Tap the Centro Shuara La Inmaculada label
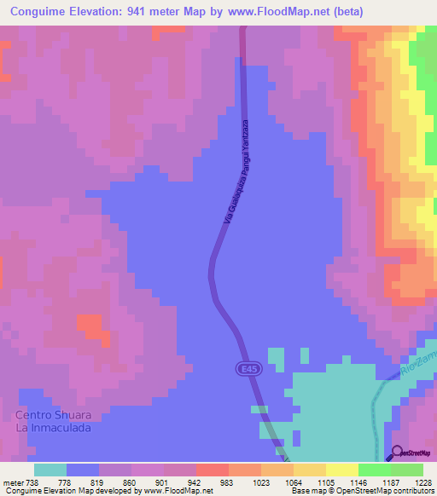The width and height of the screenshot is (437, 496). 53,421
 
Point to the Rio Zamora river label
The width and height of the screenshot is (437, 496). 418,365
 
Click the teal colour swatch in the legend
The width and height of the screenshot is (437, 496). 50,470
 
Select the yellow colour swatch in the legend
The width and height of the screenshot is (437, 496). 342,470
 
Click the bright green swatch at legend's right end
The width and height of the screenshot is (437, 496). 407,470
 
